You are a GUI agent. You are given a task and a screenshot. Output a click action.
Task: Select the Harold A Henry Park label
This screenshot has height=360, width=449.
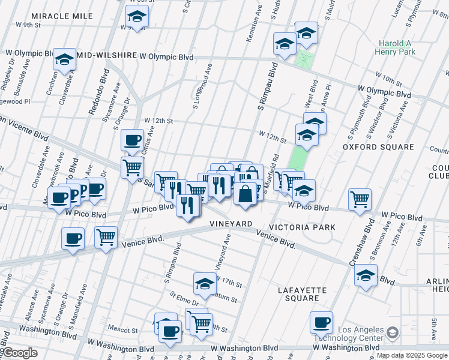pyautogui.click(x=397, y=48)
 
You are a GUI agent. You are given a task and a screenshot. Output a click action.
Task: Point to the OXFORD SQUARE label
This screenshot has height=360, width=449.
pyautogui.click(x=378, y=147)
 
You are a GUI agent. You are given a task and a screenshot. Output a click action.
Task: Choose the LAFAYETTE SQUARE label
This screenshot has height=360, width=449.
pyautogui.click(x=302, y=294)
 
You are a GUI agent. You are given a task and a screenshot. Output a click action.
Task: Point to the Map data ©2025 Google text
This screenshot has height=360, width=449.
pyautogui.click(x=412, y=355)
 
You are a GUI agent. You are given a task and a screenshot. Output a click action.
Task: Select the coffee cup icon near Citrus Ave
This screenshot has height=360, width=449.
pyautogui.click(x=132, y=140)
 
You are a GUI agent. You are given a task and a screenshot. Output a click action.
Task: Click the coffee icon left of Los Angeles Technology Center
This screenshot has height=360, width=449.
pyautogui.click(x=321, y=322)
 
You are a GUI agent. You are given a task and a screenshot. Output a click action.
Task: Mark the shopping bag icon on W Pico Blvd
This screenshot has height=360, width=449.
pyautogui.click(x=246, y=194)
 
